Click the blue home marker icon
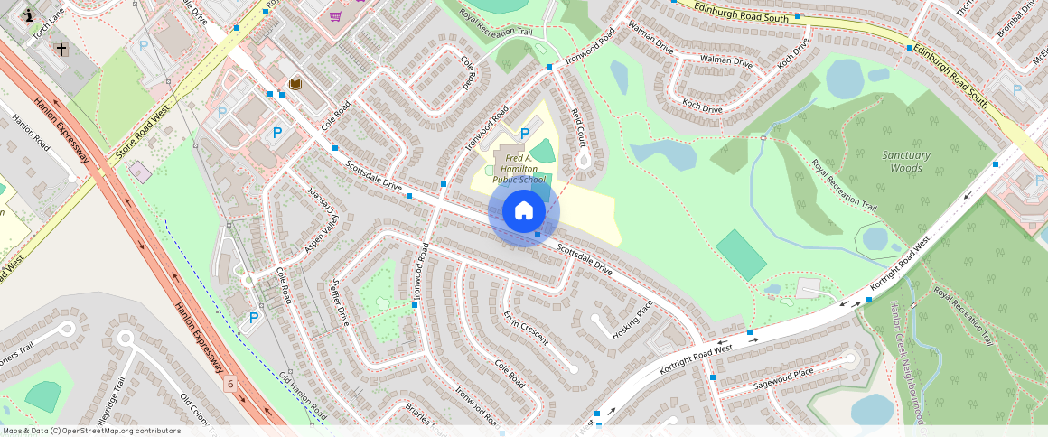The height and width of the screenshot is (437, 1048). tap(524, 211)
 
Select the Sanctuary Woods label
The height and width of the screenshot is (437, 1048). tap(905, 162)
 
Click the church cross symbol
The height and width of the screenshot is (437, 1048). tap(61, 49)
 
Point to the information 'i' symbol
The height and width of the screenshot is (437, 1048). tap(29, 15)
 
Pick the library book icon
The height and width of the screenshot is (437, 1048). tap(295, 84)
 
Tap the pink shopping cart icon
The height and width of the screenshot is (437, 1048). tap(336, 15)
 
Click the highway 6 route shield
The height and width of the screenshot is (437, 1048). tap(230, 384)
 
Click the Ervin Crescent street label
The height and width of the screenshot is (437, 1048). tap(526, 329)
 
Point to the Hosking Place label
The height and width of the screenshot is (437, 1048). tap(632, 320)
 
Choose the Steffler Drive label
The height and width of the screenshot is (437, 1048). tap(340, 302)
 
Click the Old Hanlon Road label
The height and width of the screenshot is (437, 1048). tap(302, 395)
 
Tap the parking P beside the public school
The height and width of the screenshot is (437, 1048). tap(524, 134)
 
